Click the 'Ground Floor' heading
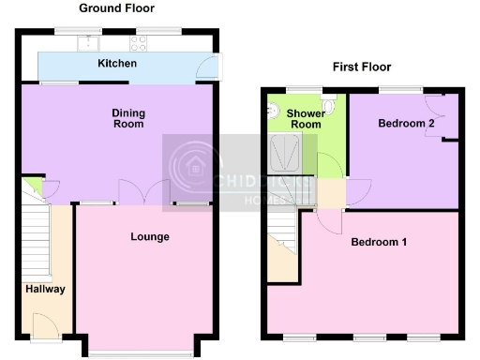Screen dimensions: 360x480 tap(117, 8)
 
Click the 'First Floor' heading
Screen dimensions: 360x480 tap(362, 67)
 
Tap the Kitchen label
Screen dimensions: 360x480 tap(118, 64)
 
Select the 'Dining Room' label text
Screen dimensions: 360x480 tap(128, 118)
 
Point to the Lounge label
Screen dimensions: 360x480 tap(150, 237)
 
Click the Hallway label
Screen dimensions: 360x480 tap(45, 289)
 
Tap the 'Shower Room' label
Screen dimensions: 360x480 tap(306, 118)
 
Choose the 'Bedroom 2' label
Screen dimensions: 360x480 tap(404, 124)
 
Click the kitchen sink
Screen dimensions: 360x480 tap(89, 42)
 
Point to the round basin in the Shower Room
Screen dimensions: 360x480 tap(274, 111)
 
